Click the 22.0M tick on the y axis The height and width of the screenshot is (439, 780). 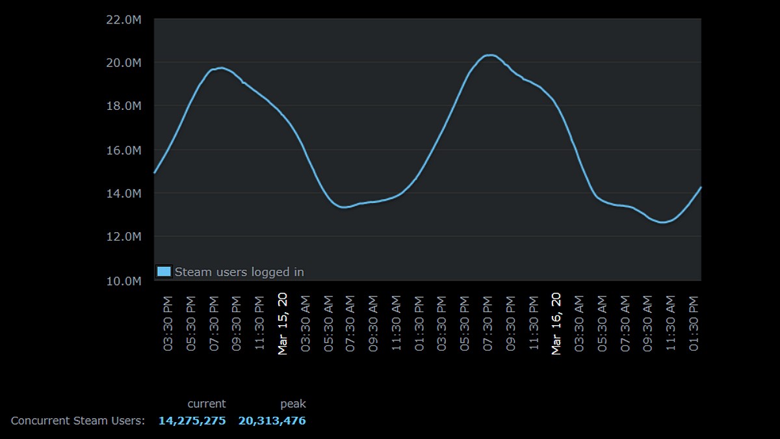pyautogui.click(x=123, y=20)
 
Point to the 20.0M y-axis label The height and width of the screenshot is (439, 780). pyautogui.click(x=123, y=63)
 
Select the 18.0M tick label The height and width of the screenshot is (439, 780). pyautogui.click(x=123, y=106)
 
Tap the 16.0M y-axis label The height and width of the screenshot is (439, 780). pyautogui.click(x=123, y=150)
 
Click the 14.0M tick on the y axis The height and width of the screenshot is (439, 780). pyautogui.click(x=123, y=193)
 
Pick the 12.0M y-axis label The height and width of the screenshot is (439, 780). pyautogui.click(x=123, y=237)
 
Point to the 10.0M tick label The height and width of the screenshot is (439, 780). pyautogui.click(x=123, y=281)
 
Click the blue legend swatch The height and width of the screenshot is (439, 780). pyautogui.click(x=164, y=271)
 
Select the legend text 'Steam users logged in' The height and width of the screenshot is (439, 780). pyautogui.click(x=239, y=272)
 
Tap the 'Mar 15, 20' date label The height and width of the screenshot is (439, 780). pyautogui.click(x=283, y=323)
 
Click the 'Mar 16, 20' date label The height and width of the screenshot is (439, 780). pyautogui.click(x=556, y=323)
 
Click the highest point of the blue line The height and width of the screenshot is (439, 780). pyautogui.click(x=490, y=55)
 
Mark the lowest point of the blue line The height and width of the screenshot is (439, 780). pyautogui.click(x=663, y=222)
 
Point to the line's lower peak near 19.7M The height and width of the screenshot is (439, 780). pyautogui.click(x=221, y=68)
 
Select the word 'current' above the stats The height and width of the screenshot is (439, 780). pyautogui.click(x=207, y=404)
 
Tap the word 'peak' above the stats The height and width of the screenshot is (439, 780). pyautogui.click(x=293, y=404)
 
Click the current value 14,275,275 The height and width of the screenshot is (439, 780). pyautogui.click(x=192, y=421)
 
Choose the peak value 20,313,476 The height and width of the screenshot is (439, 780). pyautogui.click(x=272, y=421)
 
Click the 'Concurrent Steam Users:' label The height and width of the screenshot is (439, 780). pyautogui.click(x=78, y=421)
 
